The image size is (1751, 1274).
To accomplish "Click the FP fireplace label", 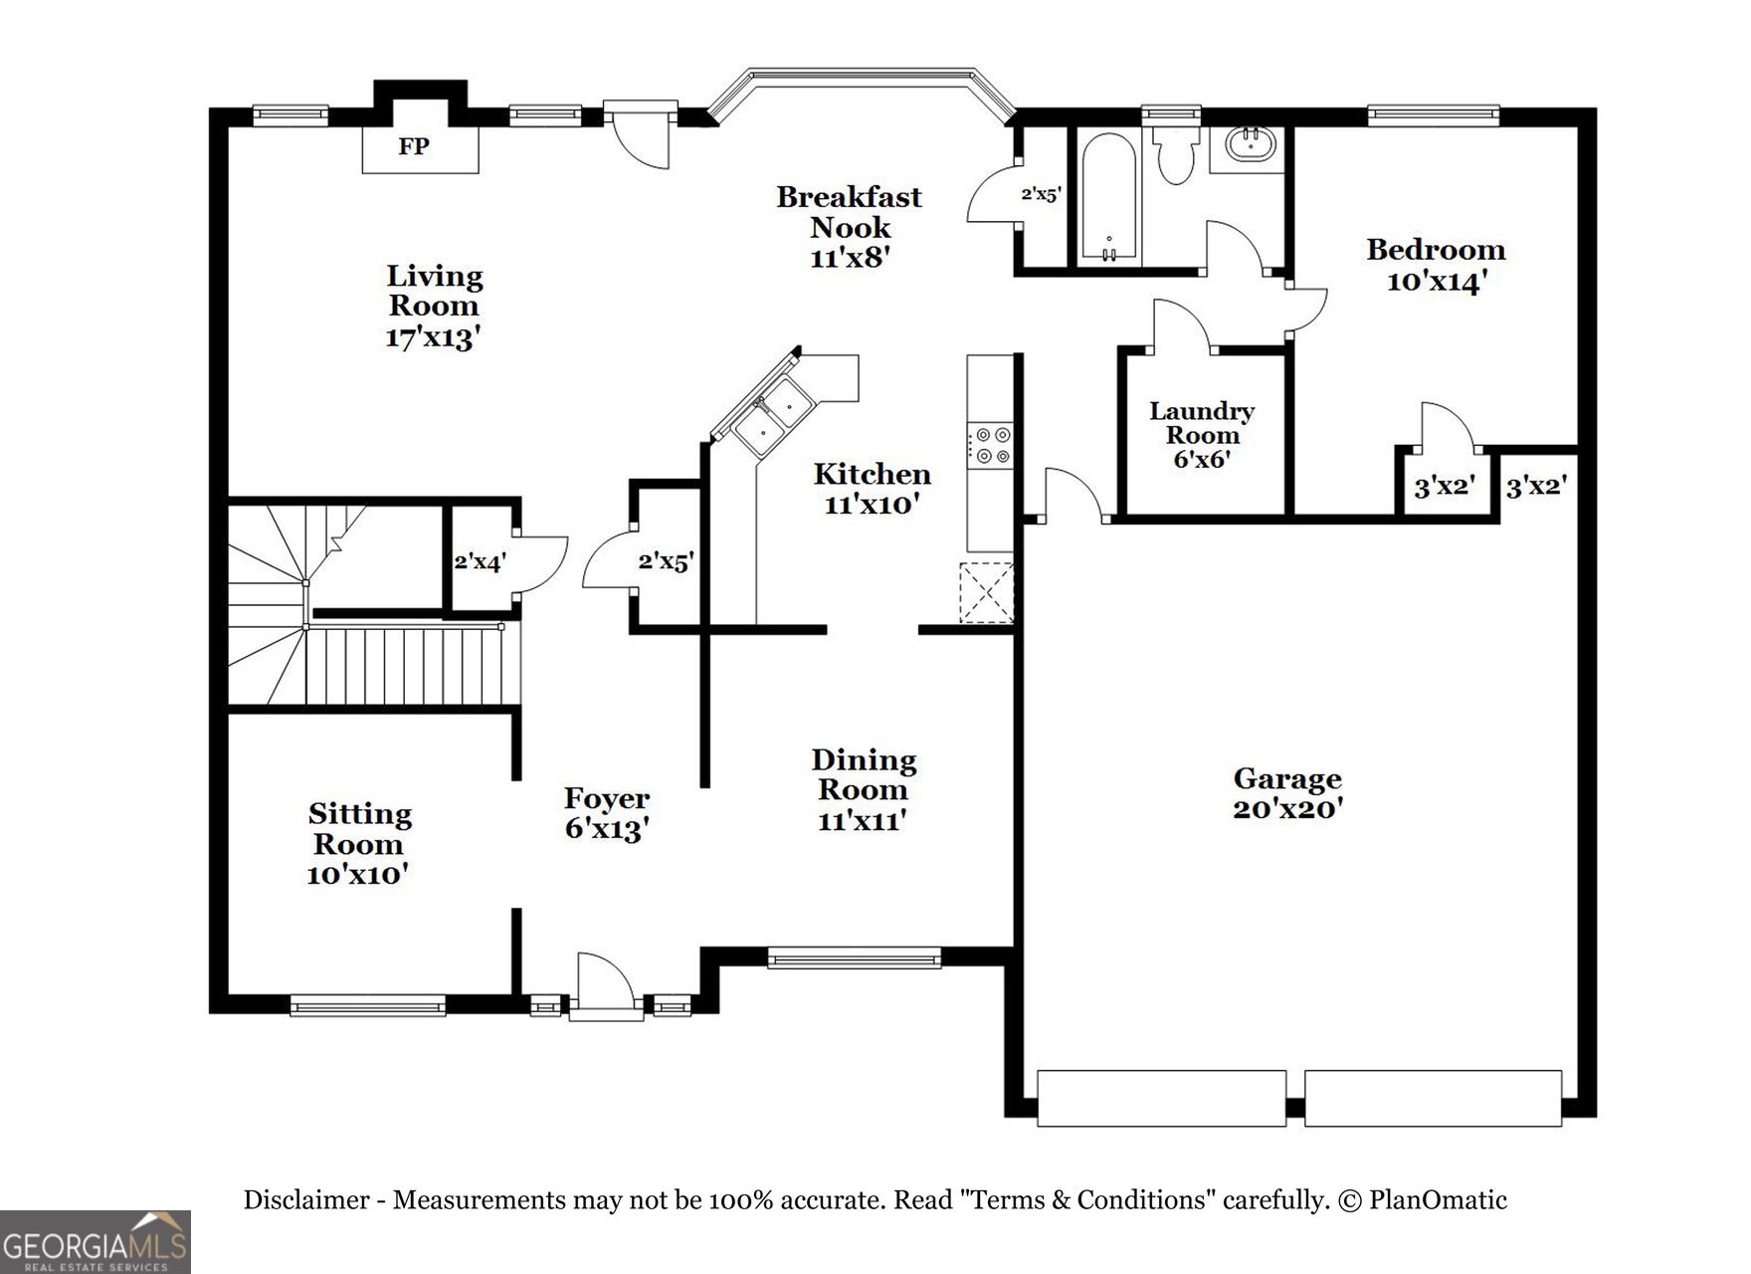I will tap(414, 147).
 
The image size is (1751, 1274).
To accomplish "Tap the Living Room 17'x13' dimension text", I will tap(434, 338).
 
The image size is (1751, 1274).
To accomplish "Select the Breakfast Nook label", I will tap(849, 212).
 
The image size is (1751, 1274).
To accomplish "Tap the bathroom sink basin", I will tap(1247, 145).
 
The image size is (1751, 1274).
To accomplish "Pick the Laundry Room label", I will tap(1202, 423).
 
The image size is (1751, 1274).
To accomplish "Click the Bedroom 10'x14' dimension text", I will tap(1436, 282).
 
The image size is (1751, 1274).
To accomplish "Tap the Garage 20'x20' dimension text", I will tap(1288, 809).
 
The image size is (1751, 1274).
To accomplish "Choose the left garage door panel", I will tap(1161, 1098).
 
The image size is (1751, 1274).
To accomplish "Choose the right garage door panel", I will tap(1433, 1098).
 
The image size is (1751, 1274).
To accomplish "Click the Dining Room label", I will tap(864, 775).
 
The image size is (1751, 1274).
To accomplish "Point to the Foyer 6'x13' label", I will tap(607, 813).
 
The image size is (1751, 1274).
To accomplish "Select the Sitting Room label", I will tap(359, 829).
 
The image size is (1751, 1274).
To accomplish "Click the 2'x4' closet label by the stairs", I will tap(480, 561).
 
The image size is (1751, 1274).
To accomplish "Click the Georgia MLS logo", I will tap(96, 1242).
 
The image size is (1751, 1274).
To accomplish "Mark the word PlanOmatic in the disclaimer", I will tap(1438, 1200).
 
